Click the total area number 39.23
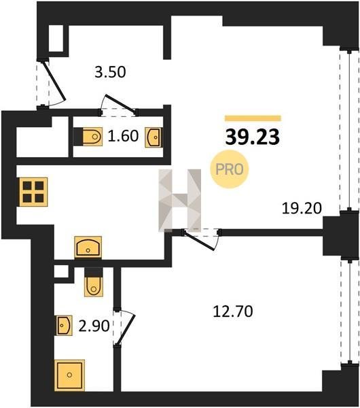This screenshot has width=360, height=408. tap(253, 137)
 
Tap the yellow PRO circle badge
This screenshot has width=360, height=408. tap(230, 169)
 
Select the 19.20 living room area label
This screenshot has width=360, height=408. tap(302, 209)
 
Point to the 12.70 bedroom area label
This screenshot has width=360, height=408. tap(232, 311)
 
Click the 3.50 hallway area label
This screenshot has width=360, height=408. tap(110, 72)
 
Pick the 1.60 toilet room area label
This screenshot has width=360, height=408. tap(123, 136)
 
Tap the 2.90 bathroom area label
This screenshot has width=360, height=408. tap(94, 326)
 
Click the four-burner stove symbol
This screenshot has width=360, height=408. tap(33, 192)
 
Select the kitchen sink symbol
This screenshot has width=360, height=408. tap(88, 247)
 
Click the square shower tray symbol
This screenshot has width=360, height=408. tap(70, 375)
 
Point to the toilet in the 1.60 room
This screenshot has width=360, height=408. tap(88, 137)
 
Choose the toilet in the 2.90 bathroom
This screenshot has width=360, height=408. tap(94, 282)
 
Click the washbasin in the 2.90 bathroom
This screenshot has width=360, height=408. tap(65, 325)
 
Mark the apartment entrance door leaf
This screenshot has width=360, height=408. tap(54, 81)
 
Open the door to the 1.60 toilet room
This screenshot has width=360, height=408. tap(120, 105)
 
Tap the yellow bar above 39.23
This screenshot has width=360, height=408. tap(253, 118)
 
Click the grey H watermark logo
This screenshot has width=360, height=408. tap(180, 200)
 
